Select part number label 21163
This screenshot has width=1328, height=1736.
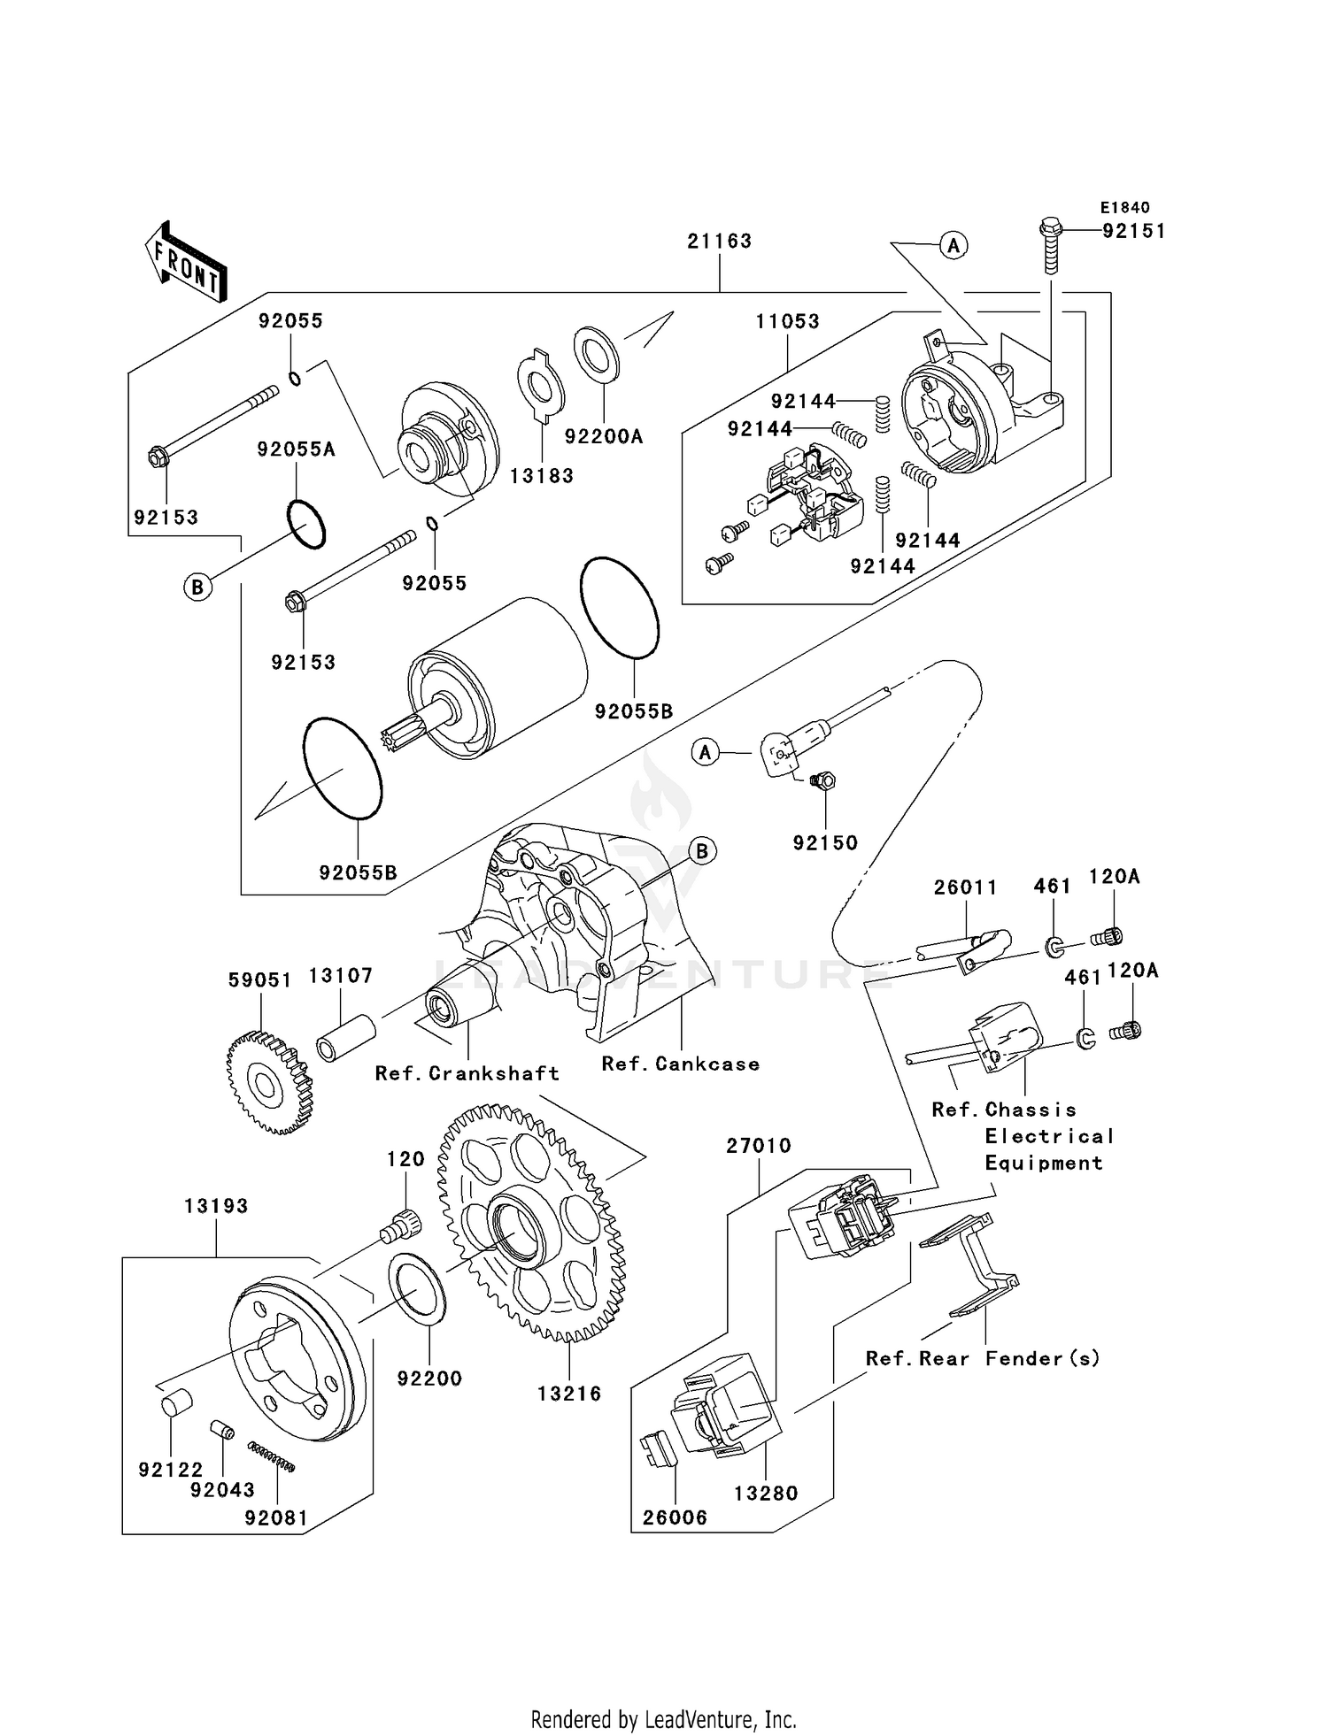coord(719,241)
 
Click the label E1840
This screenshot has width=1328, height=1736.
coord(1124,208)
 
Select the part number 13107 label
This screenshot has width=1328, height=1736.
coord(340,976)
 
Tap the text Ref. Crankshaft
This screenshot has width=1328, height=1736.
coord(467,1073)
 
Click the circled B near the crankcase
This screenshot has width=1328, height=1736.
coord(702,851)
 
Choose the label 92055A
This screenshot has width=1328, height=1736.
coord(296,449)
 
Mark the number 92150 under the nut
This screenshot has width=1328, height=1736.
coord(825,843)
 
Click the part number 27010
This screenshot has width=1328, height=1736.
coord(758,1146)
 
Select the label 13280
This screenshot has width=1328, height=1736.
coord(766,1494)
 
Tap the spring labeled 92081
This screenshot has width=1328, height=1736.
coord(271,1456)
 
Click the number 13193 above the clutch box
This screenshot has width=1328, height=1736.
coord(216,1206)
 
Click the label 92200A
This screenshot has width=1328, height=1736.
coord(604,436)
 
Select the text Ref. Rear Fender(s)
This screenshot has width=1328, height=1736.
coord(983,1358)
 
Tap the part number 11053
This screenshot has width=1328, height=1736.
coord(787,321)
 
